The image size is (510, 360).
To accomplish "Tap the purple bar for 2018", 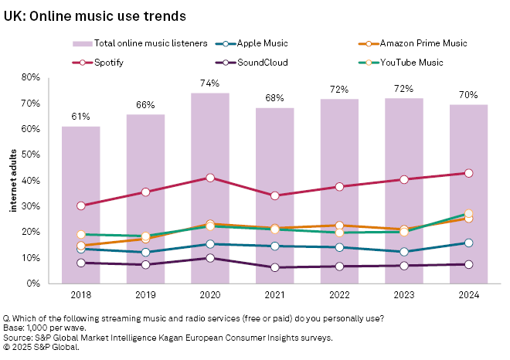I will pos(80,205).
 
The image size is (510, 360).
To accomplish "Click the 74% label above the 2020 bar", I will pos(210,83).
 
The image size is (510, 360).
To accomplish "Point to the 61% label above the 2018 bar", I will pos(80,117).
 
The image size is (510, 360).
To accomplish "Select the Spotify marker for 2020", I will pos(210,178).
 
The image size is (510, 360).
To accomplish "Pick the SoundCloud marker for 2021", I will pos(275,267).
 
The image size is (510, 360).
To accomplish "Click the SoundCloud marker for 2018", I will pos(80,263).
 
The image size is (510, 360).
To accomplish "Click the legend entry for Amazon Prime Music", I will pos(424,43).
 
